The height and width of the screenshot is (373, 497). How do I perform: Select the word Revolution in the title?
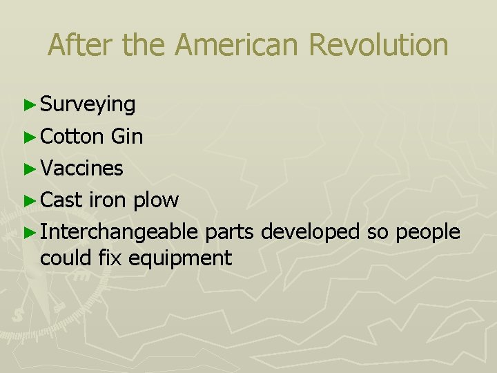pos(379,46)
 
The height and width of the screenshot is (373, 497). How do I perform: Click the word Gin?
pos(126,137)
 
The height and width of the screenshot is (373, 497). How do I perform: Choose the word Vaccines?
pos(82,168)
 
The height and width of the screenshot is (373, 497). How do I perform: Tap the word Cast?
pos(62,200)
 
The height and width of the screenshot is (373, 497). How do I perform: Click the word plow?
pos(157,201)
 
